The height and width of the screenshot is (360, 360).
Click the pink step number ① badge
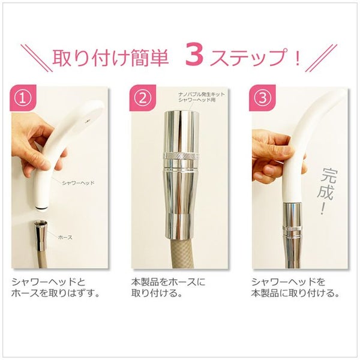[23, 98]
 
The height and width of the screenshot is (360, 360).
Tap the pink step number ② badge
[143, 98]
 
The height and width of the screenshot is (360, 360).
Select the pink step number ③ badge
[262, 98]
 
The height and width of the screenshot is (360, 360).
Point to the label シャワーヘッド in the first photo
[78, 183]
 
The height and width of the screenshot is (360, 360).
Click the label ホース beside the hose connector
[65, 237]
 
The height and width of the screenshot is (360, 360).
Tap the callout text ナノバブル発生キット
[202, 94]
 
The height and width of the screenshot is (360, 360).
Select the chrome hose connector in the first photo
[41, 235]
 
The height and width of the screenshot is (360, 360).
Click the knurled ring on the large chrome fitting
[181, 156]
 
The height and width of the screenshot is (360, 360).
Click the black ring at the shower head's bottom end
[41, 208]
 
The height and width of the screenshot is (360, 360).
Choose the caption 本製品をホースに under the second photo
[168, 282]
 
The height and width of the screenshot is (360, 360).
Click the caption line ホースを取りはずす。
[56, 293]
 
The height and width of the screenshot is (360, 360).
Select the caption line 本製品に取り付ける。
[295, 293]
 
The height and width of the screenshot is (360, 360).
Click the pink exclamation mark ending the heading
[298, 57]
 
